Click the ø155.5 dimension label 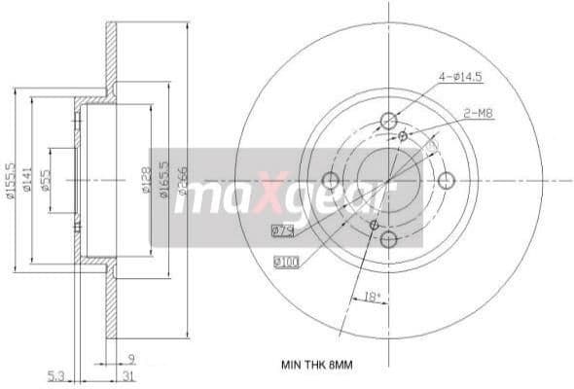click(x=9, y=181)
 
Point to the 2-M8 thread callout click(x=478, y=114)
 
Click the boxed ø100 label click(x=286, y=262)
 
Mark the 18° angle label click(x=371, y=297)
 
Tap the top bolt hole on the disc click(x=389, y=121)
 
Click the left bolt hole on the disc click(x=330, y=180)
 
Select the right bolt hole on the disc click(x=448, y=180)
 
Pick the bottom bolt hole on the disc click(x=389, y=239)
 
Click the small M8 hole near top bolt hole click(x=403, y=136)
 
